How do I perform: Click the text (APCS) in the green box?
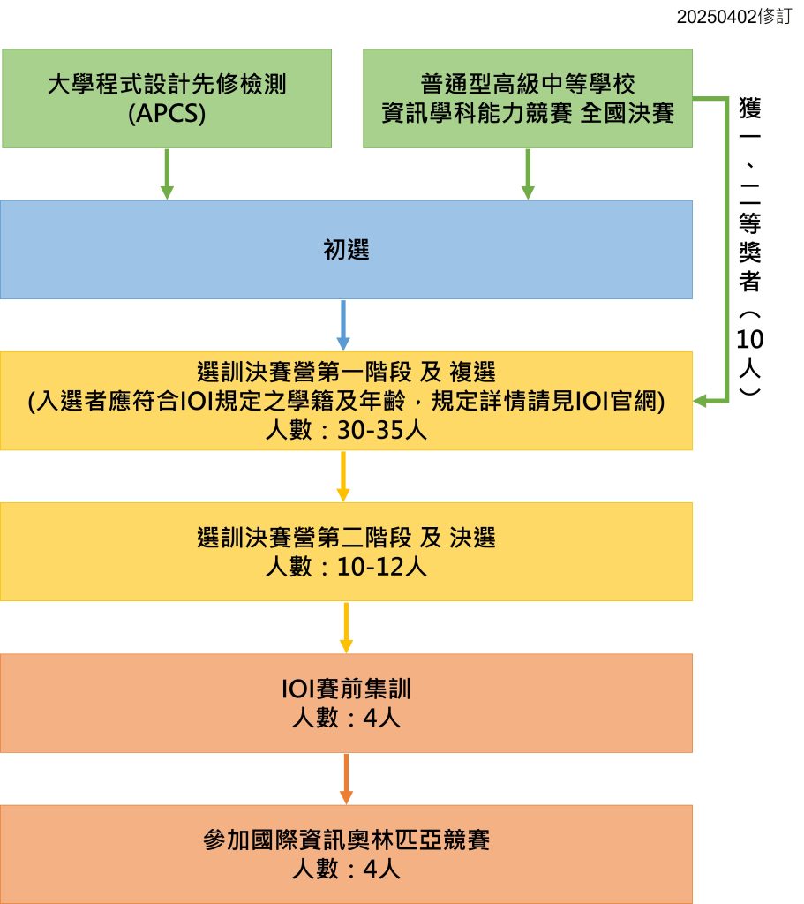pyautogui.click(x=167, y=113)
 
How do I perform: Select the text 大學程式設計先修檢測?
pyautogui.click(x=167, y=86)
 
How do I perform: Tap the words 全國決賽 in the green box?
pyautogui.click(x=627, y=113)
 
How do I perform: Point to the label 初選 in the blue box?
pyautogui.click(x=346, y=251)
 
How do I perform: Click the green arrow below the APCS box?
pyautogui.click(x=167, y=174)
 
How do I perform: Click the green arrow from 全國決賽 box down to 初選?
pyautogui.click(x=528, y=174)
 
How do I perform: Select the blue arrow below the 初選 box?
pyautogui.click(x=344, y=325)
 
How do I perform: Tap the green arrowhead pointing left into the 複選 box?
pyautogui.click(x=703, y=402)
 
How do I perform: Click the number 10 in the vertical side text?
pyautogui.click(x=752, y=340)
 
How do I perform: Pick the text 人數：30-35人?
pyautogui.click(x=346, y=432)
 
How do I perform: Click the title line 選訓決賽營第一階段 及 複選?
pyautogui.click(x=346, y=372)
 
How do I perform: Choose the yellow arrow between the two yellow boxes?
pyautogui.click(x=344, y=477)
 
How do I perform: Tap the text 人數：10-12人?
pyautogui.click(x=346, y=567)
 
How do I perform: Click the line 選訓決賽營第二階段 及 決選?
pyautogui.click(x=346, y=538)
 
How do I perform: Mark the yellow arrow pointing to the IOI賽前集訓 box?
pyautogui.click(x=345, y=628)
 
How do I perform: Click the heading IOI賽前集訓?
pyautogui.click(x=346, y=689)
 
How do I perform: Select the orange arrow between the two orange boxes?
pyautogui.click(x=345, y=779)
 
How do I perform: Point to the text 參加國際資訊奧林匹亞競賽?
pyautogui.click(x=346, y=840)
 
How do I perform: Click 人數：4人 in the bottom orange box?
pyautogui.click(x=346, y=869)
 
